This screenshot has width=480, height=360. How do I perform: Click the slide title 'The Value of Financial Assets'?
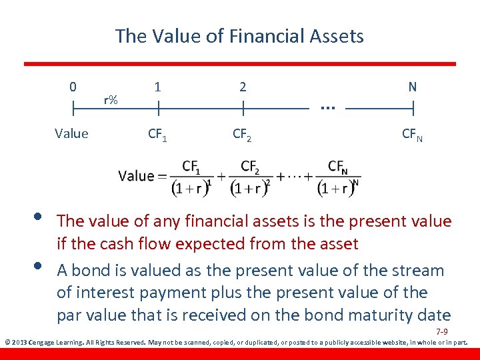[239, 35]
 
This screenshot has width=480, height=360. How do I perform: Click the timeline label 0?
[73, 87]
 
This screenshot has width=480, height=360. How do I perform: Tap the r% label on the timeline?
[111, 100]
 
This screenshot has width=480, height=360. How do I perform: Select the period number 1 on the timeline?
[157, 87]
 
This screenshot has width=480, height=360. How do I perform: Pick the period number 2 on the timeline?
[243, 87]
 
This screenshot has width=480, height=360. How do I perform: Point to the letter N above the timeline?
[412, 87]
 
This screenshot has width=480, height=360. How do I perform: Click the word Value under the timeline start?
[71, 133]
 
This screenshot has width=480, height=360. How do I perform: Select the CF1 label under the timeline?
[157, 135]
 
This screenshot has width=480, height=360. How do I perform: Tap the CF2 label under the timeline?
[242, 135]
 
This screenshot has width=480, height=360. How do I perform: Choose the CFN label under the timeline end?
[412, 135]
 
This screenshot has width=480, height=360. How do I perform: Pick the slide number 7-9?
[441, 331]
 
